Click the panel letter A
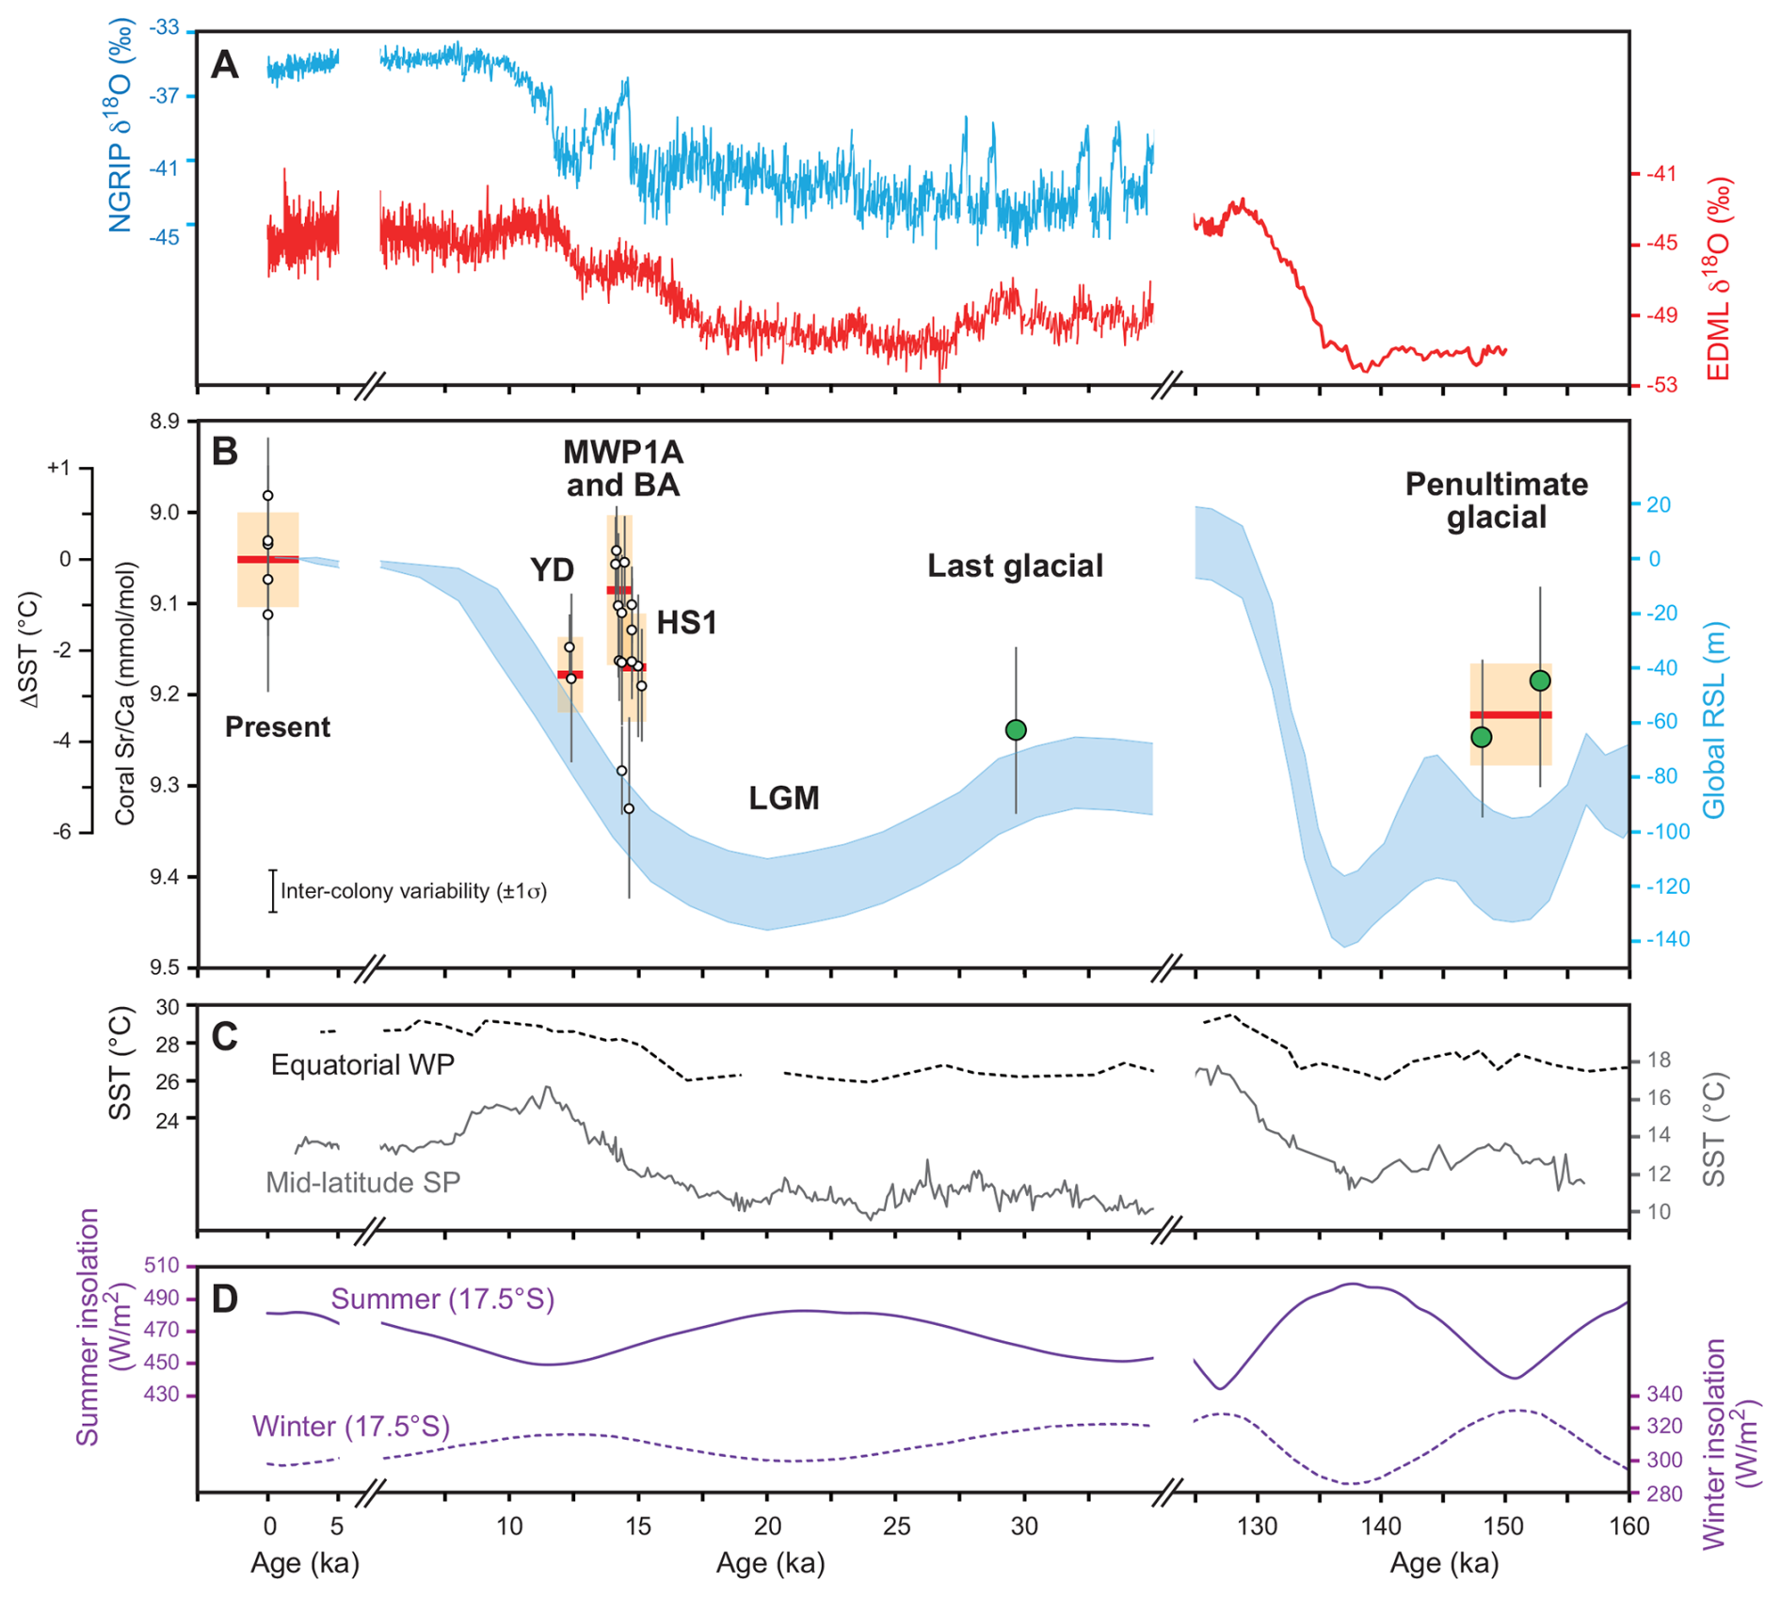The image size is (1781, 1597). coord(225,65)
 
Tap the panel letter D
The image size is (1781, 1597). coord(225,1299)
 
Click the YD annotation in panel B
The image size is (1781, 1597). coord(552,569)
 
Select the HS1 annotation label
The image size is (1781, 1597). coord(686,622)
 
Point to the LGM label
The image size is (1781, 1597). coord(784,798)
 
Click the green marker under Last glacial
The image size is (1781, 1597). coord(1016,730)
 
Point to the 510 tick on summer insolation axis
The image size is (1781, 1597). coord(161,1266)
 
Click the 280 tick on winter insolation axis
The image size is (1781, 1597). coord(1665,1493)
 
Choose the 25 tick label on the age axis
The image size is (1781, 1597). coord(896,1526)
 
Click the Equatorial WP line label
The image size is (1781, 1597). coord(362,1064)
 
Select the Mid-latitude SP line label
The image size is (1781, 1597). coord(362,1182)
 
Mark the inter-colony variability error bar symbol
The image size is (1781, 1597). coord(273,890)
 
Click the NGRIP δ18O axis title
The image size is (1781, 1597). coord(121,126)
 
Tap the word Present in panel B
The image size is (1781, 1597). coord(278,727)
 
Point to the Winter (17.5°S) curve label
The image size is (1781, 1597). coord(351,1427)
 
